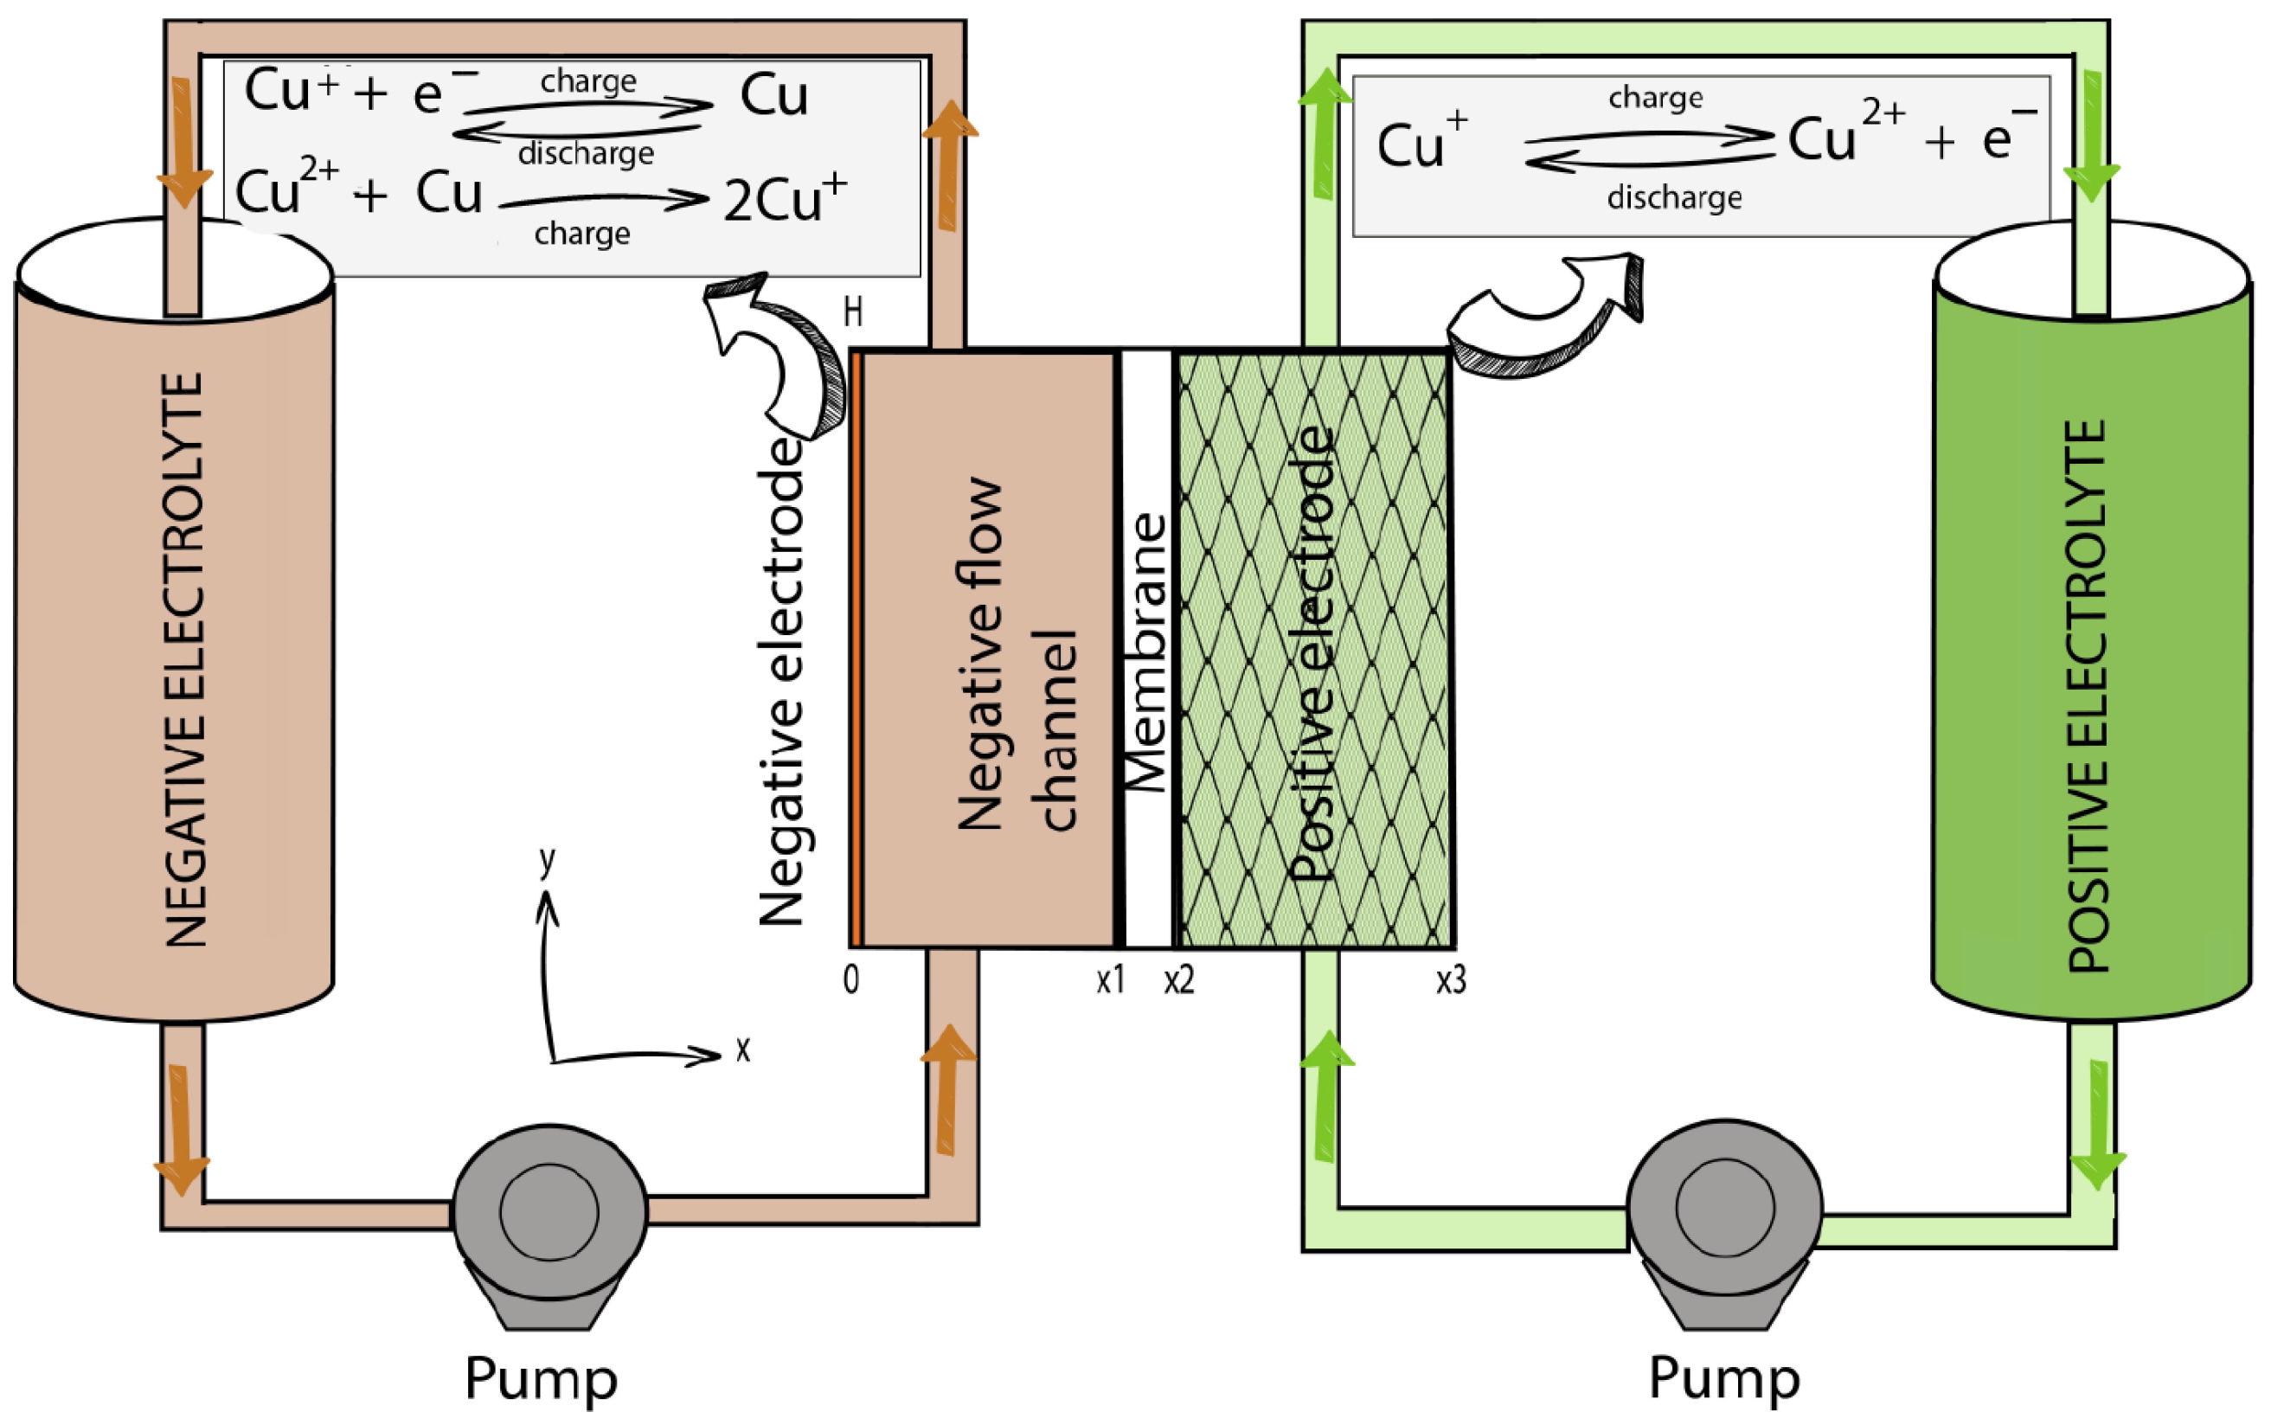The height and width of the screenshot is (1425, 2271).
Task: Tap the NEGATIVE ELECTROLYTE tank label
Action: tap(184, 659)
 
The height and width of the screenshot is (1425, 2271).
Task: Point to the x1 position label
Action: tap(1111, 981)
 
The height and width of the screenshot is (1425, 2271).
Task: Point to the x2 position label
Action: tap(1179, 981)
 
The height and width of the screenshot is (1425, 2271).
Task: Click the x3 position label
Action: tap(1450, 981)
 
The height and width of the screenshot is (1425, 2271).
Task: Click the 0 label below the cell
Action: tap(851, 981)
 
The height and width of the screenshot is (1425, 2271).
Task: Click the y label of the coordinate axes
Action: tap(547, 859)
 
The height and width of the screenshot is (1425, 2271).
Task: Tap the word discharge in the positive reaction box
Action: tap(1673, 198)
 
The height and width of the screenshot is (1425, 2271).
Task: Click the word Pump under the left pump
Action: tap(541, 1378)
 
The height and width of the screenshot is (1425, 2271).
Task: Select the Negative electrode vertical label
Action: tap(782, 684)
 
